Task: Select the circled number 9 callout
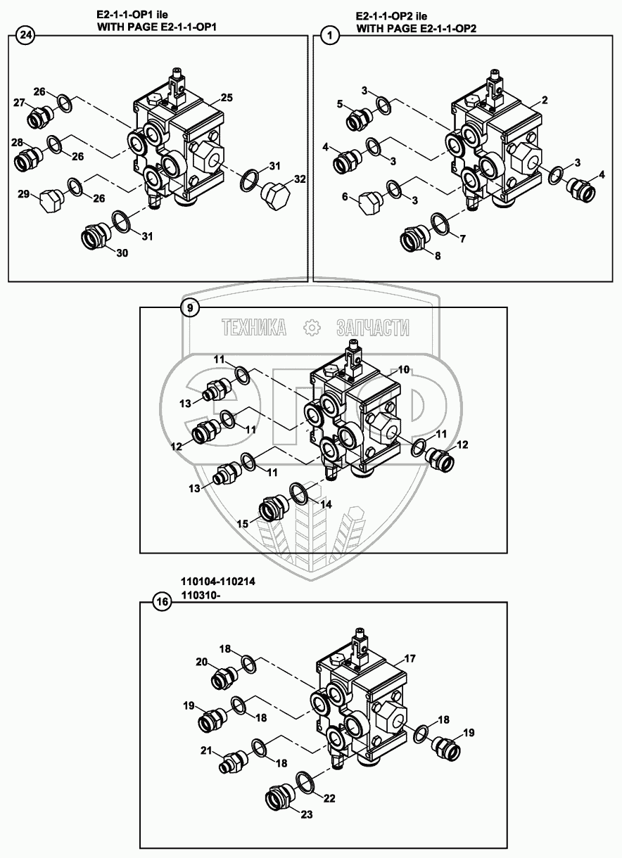tap(189, 307)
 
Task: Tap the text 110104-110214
tap(218, 583)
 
